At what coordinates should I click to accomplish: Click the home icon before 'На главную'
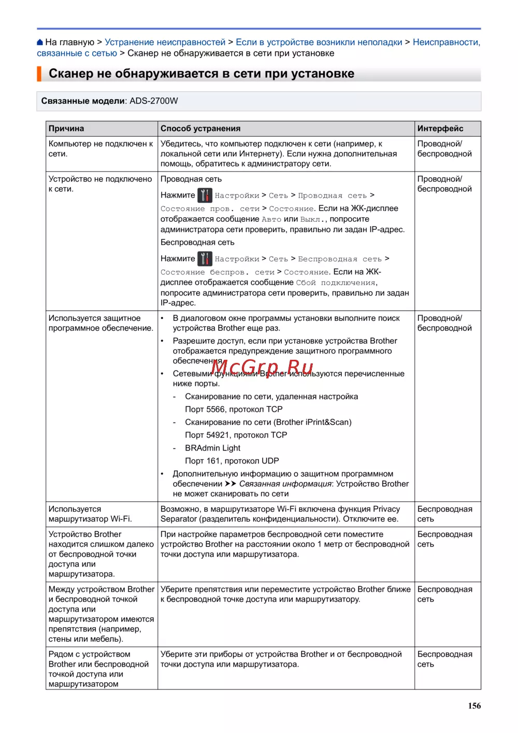(40, 43)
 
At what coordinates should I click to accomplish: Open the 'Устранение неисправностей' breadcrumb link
(165, 42)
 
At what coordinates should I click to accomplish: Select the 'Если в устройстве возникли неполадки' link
(319, 42)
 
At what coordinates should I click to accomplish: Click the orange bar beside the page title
(39, 74)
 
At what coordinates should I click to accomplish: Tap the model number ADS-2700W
(153, 101)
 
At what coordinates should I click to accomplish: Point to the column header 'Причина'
(66, 129)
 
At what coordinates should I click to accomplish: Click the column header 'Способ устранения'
(200, 129)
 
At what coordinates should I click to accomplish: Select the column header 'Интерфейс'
(440, 129)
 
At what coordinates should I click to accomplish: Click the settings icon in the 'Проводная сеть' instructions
(205, 195)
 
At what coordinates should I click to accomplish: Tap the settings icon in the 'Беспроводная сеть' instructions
(205, 259)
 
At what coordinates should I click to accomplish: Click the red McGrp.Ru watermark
(262, 368)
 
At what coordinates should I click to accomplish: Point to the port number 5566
(215, 410)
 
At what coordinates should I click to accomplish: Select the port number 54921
(218, 435)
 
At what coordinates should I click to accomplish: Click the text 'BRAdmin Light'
(212, 448)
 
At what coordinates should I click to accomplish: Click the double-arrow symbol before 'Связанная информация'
(231, 484)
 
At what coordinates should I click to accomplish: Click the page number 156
(474, 706)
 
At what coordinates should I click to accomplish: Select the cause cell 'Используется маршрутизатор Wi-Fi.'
(90, 514)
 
